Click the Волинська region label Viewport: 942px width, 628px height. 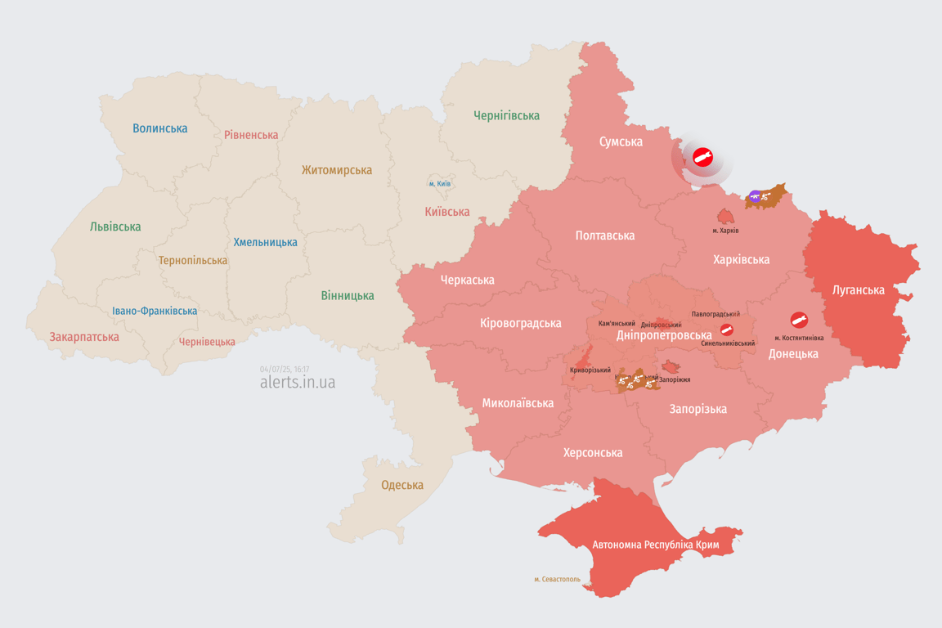pos(160,128)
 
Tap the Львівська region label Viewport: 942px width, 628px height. pos(115,227)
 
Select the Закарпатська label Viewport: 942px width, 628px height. pos(84,337)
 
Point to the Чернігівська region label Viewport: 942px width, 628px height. pos(507,115)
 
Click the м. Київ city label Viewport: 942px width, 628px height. pos(440,184)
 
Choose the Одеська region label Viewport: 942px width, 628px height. pos(402,485)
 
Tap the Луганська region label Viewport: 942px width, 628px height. pos(859,289)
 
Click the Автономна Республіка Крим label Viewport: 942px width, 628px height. pos(656,545)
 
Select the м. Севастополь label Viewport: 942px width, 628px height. pos(558,580)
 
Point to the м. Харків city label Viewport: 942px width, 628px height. pos(725,231)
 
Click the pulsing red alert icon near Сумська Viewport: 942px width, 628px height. pos(702,157)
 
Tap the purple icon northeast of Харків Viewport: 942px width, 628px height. pos(755,196)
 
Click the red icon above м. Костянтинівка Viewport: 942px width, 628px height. pos(799,321)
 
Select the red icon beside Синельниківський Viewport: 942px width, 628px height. pos(726,330)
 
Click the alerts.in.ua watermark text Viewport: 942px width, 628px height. pos(298,383)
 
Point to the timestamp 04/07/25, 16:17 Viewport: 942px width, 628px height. pos(285,370)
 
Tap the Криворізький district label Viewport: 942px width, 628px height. pos(590,370)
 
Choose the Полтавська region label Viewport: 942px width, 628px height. pos(605,235)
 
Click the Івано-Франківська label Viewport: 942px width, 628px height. pos(155,311)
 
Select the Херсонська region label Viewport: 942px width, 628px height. pos(593,452)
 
